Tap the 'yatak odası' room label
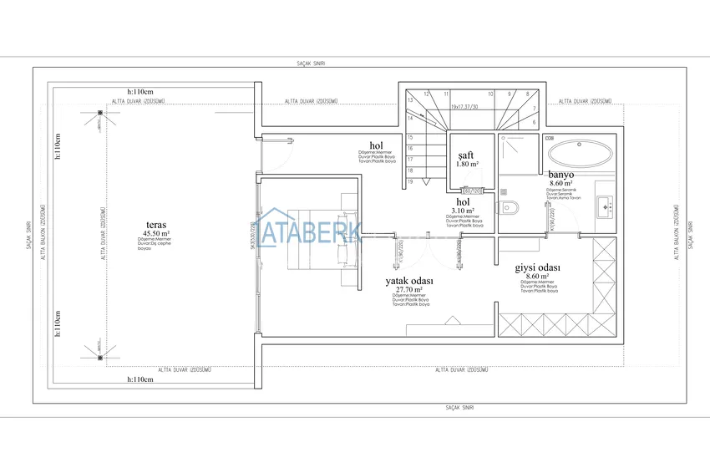tap(408, 281)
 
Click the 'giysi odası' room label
tap(537, 267)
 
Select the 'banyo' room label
tap(560, 175)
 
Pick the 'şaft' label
tap(466, 155)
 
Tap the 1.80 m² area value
tap(467, 165)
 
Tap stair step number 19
tap(410, 181)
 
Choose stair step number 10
tap(490, 94)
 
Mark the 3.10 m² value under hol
tap(462, 211)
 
